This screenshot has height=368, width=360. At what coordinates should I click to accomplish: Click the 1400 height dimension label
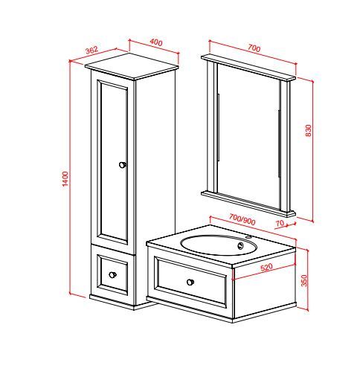pos(65,178)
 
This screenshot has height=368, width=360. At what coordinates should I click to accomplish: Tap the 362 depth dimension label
pos(91,50)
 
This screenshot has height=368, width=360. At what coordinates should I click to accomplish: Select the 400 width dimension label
pos(156,42)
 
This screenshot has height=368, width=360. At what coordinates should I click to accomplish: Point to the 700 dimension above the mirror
pos(254,48)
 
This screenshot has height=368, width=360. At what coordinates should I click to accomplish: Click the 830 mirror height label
pos(309,130)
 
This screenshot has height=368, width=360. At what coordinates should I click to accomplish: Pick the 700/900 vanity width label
pos(242,219)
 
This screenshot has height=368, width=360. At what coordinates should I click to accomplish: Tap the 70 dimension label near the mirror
pos(280,223)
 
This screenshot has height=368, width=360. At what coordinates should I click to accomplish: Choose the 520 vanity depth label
pos(266,268)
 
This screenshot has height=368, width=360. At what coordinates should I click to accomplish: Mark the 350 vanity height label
pos(304,280)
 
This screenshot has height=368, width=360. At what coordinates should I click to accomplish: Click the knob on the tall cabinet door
pos(123,165)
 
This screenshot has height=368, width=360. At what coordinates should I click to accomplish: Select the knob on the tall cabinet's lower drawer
pos(112,274)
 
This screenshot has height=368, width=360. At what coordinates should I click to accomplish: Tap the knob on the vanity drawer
pos(190,282)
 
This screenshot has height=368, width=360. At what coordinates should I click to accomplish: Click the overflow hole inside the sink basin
pos(240,245)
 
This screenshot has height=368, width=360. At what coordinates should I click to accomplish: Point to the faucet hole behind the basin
pos(248,237)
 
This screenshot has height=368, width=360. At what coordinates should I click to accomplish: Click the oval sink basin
pos(218,245)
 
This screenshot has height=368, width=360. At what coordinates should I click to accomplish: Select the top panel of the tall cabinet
pos(132,66)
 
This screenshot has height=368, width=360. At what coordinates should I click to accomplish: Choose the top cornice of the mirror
pos(248,67)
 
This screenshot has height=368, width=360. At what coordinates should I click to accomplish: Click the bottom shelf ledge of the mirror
pos(248,204)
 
